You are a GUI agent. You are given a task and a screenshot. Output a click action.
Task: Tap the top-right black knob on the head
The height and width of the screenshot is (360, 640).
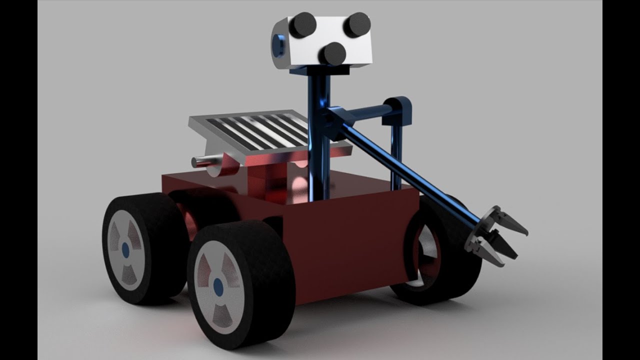point(357,24)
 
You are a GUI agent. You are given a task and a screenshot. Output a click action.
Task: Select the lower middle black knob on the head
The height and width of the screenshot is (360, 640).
point(332,53)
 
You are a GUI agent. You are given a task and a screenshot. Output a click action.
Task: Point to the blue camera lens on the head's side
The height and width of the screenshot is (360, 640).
point(278,45)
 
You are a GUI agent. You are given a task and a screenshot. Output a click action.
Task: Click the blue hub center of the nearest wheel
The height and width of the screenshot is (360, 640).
point(218,285)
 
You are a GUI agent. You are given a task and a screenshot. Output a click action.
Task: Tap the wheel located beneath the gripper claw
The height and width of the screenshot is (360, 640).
point(440,260)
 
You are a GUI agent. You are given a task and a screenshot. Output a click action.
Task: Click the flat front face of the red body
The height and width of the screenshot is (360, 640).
point(350,245)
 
